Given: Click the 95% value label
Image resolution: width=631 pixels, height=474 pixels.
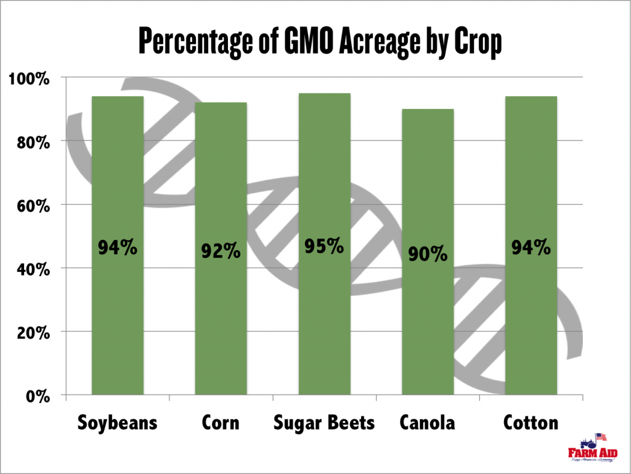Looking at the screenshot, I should click(x=324, y=246).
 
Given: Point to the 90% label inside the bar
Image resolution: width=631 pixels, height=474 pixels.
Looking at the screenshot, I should click(x=428, y=253).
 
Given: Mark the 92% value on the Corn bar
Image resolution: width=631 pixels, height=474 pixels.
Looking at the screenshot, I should click(x=221, y=251).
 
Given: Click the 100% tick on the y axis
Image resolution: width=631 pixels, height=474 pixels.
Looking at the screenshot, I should click(x=29, y=78).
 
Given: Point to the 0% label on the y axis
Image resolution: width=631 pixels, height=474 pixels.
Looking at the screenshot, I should click(x=38, y=396).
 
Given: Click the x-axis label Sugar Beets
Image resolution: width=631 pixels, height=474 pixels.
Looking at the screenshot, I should click(x=324, y=423).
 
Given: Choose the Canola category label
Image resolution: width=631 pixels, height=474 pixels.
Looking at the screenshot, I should click(x=428, y=423).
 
